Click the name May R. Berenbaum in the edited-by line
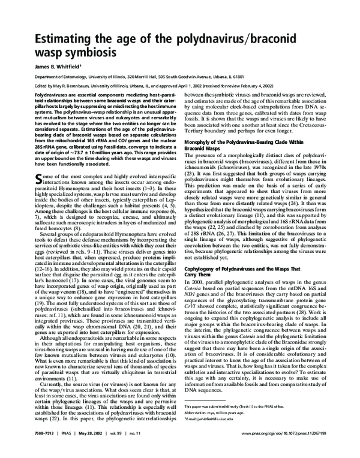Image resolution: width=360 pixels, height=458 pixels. pos(71,87)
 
